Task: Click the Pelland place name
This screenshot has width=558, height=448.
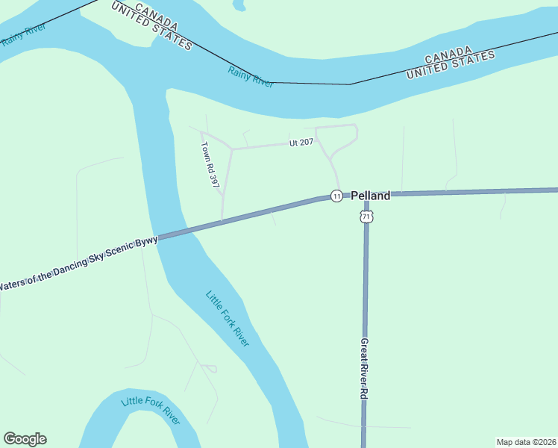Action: click(x=371, y=196)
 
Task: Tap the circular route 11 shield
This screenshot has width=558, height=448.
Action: click(x=337, y=196)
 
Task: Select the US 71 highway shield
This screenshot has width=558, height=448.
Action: click(x=366, y=217)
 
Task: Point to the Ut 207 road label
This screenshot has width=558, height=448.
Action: click(x=301, y=143)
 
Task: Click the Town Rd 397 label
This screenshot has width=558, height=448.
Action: click(x=210, y=164)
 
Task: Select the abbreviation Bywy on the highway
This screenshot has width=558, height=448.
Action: click(x=147, y=243)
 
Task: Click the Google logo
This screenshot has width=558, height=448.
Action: click(x=25, y=439)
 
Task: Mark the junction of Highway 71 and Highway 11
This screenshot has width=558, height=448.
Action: click(x=366, y=196)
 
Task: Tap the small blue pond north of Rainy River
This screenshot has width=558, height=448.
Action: click(x=239, y=5)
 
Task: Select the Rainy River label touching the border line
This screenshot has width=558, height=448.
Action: click(x=251, y=77)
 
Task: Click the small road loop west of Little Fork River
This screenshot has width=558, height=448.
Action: click(x=210, y=368)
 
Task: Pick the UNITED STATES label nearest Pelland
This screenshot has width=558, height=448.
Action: click(x=451, y=66)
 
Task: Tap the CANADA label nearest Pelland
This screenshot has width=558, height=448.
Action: click(x=448, y=54)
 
